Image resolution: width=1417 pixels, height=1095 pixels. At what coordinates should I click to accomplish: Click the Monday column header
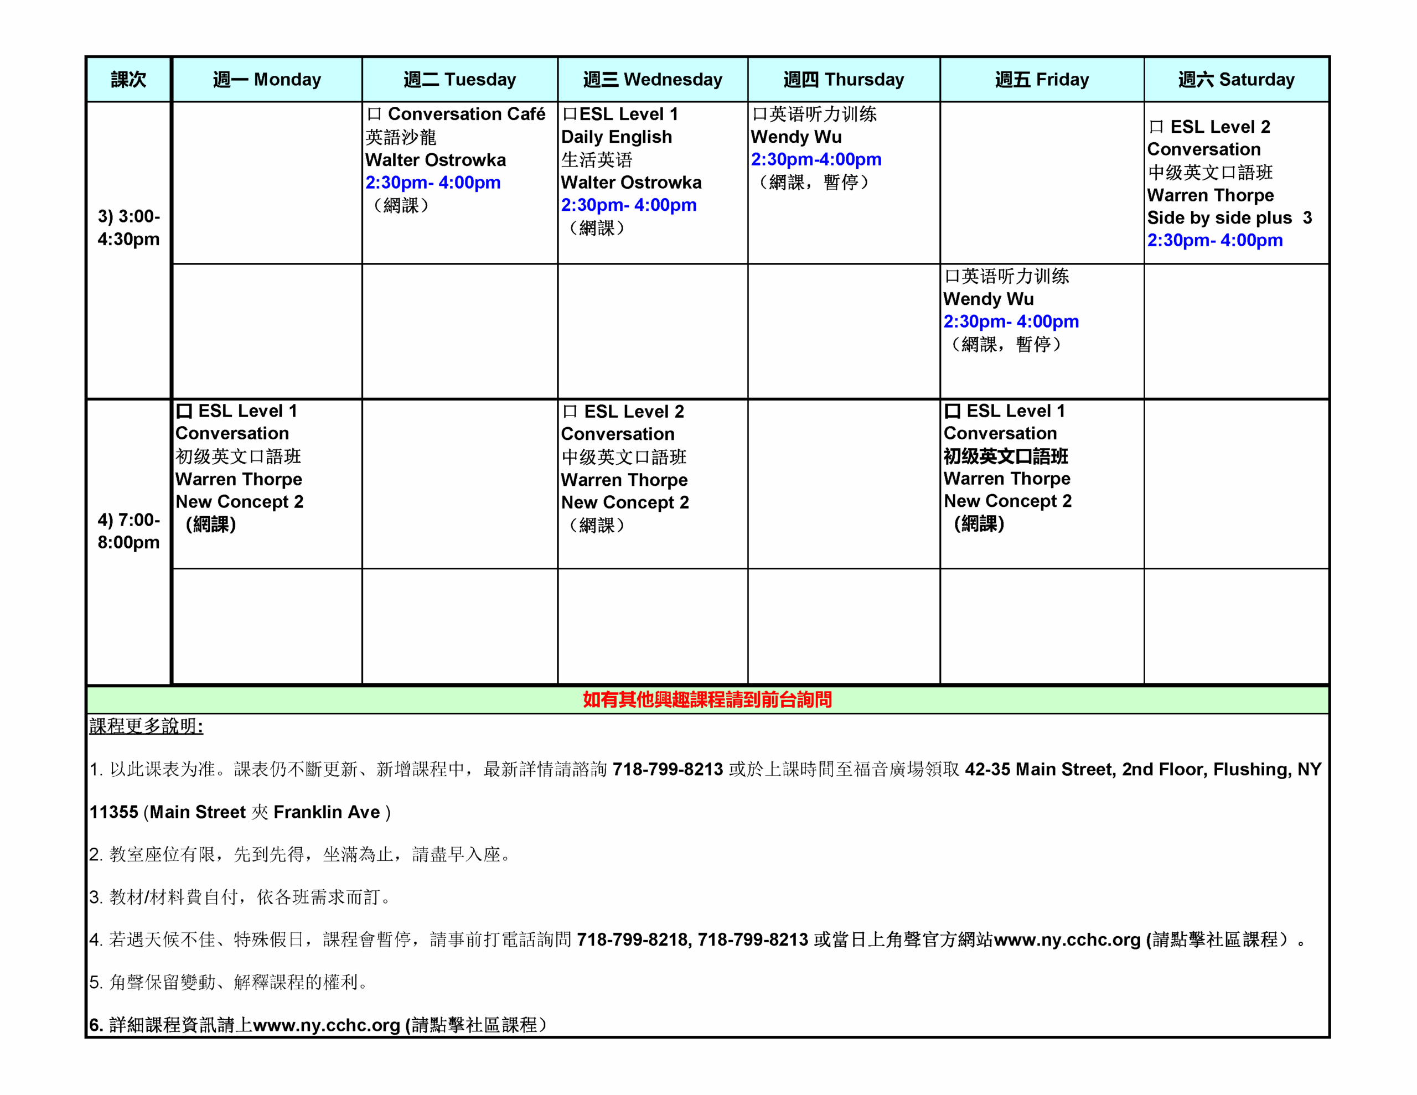pyautogui.click(x=267, y=79)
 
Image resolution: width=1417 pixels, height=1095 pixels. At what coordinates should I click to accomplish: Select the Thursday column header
pyautogui.click(x=844, y=79)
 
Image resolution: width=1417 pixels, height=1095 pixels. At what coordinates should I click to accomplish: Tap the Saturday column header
pyautogui.click(x=1236, y=79)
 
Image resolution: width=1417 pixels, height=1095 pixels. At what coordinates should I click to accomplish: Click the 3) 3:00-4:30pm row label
pyautogui.click(x=128, y=228)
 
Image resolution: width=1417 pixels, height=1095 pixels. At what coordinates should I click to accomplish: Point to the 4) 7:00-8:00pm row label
pyautogui.click(x=128, y=531)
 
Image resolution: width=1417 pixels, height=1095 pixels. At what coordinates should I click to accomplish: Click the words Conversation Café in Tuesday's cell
pyautogui.click(x=467, y=114)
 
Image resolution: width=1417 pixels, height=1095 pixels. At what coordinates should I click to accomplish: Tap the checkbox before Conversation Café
pyautogui.click(x=374, y=114)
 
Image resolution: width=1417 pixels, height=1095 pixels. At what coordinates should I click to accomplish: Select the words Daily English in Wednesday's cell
pyautogui.click(x=617, y=137)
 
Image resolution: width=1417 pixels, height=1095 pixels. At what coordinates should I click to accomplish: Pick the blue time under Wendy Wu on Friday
pyautogui.click(x=1011, y=322)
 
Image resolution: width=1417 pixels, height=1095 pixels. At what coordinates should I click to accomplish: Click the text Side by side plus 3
pyautogui.click(x=1229, y=218)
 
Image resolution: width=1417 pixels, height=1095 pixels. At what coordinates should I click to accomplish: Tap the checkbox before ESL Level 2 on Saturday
pyautogui.click(x=1156, y=127)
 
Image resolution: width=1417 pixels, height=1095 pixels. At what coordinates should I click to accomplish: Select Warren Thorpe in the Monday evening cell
pyautogui.click(x=239, y=479)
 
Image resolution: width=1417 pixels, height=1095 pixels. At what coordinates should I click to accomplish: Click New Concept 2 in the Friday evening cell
pyautogui.click(x=1007, y=501)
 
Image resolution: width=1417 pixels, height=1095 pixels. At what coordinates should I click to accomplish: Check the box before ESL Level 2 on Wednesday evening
pyautogui.click(x=570, y=412)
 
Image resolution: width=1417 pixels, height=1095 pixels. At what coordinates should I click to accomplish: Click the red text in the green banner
pyautogui.click(x=707, y=700)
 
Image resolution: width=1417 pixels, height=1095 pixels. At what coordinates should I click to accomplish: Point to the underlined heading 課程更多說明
pyautogui.click(x=146, y=726)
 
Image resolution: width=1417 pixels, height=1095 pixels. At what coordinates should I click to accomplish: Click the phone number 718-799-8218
pyautogui.click(x=632, y=940)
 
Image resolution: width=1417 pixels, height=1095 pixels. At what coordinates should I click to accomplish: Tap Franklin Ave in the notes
pyautogui.click(x=327, y=812)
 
